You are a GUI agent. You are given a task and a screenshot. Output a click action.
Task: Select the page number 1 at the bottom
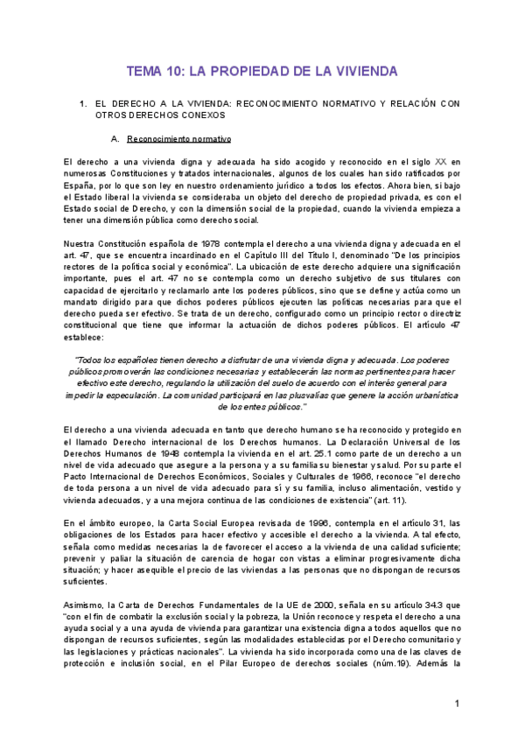pos(457,704)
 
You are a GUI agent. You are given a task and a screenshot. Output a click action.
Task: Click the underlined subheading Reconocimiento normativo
pos(179,138)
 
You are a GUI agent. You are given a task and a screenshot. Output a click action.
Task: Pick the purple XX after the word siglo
pos(441,162)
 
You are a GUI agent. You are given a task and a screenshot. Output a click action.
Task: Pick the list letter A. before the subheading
pos(115,138)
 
